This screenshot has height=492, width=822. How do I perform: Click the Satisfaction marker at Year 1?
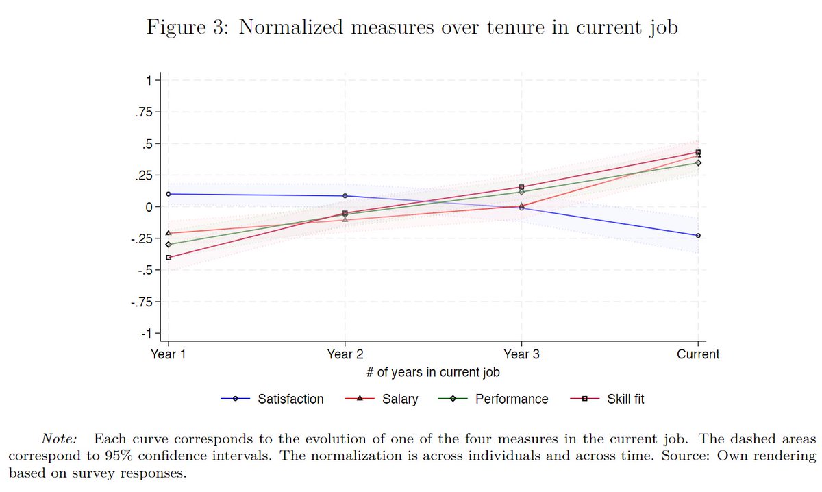click(169, 194)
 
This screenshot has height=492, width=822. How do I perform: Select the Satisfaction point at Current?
click(697, 236)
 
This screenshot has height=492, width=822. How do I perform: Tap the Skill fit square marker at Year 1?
click(169, 258)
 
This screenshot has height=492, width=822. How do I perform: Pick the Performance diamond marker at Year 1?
click(169, 245)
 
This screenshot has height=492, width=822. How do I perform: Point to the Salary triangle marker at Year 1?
click(169, 233)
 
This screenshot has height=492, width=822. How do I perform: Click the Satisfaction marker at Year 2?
click(345, 196)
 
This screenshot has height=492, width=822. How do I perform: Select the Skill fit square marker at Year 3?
click(521, 187)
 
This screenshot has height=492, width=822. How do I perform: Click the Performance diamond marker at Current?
click(697, 163)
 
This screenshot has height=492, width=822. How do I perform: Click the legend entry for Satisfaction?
click(290, 399)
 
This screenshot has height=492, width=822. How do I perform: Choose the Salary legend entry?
click(400, 399)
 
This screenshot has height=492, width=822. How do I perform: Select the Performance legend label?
click(512, 399)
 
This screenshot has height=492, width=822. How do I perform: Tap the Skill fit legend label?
click(625, 399)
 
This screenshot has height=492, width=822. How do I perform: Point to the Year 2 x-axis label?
click(345, 354)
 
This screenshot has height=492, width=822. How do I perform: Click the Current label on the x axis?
click(697, 354)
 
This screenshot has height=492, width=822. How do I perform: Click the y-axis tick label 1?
click(149, 80)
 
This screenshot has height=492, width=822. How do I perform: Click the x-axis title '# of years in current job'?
click(433, 373)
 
